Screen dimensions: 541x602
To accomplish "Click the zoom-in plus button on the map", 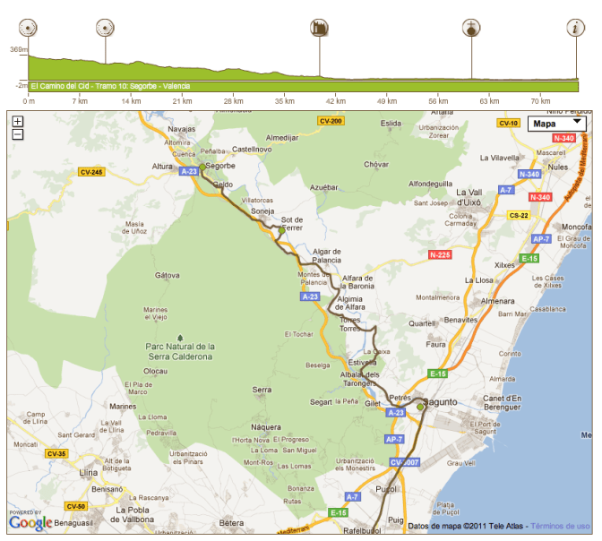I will [18, 121].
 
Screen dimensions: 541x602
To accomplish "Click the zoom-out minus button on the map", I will [18, 134].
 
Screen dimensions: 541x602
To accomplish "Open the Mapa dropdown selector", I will [556, 123].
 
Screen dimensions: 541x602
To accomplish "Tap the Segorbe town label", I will [219, 166].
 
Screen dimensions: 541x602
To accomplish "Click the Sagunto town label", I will [439, 402].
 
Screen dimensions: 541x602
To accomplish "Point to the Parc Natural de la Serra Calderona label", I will [180, 351].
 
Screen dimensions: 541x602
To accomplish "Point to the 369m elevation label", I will [17, 50].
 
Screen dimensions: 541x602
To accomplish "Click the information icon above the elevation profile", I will [574, 28].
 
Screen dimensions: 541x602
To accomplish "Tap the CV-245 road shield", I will [90, 172].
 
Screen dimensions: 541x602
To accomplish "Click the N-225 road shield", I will [439, 255].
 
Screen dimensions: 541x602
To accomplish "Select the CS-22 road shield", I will [518, 216].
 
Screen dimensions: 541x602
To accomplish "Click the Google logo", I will [30, 522].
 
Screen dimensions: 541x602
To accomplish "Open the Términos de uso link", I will [560, 526].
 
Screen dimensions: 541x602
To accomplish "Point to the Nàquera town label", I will [267, 427].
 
